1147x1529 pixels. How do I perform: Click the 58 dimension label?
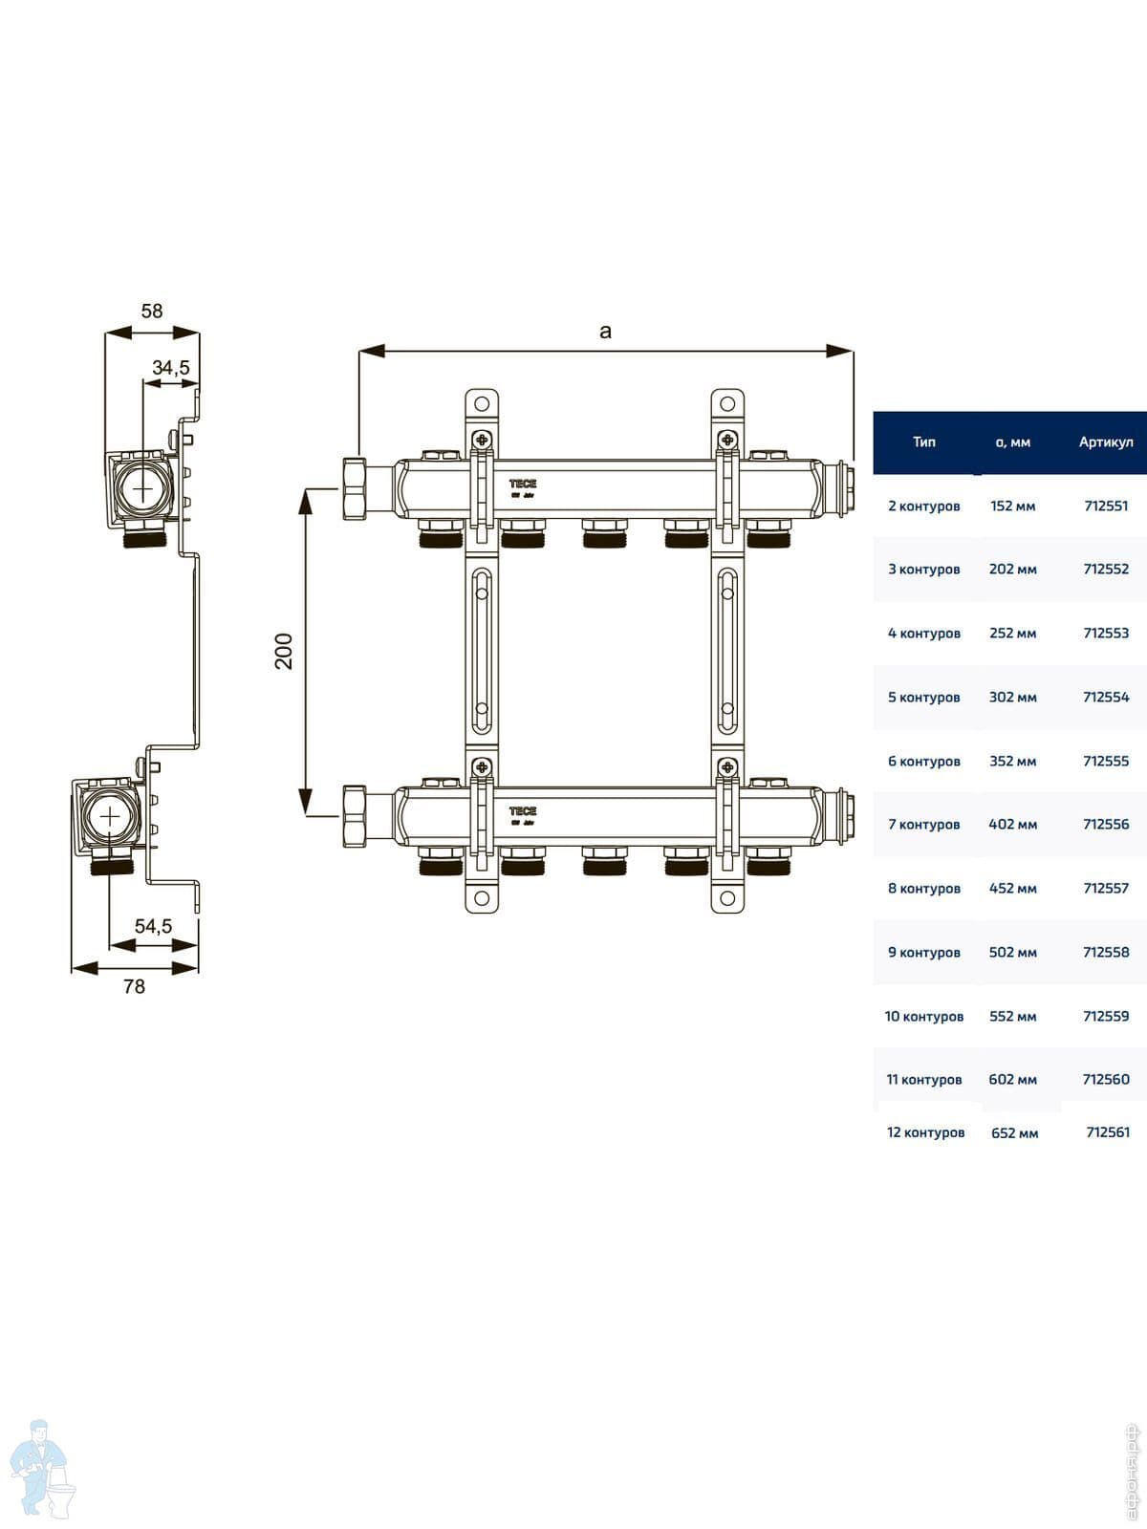tap(152, 312)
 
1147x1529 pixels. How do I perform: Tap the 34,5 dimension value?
tap(171, 368)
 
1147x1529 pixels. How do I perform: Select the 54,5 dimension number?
tap(153, 926)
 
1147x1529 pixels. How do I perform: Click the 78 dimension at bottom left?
tap(134, 986)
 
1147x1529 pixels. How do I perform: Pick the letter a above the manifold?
tap(605, 332)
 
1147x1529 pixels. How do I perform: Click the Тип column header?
tap(924, 442)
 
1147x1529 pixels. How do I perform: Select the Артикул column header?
tap(1106, 442)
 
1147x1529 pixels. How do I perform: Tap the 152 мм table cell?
tap(1013, 506)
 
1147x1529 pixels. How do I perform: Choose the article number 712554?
tap(1106, 697)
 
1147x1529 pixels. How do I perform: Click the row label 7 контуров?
tap(923, 824)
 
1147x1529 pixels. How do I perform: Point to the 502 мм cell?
tap(1013, 952)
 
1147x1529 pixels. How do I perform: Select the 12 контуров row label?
tap(925, 1132)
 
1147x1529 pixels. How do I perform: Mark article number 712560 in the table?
tap(1106, 1079)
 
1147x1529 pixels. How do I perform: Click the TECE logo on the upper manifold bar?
tap(523, 485)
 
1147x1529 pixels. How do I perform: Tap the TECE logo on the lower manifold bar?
tap(523, 811)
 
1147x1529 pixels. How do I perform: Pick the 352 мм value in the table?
tap(1013, 761)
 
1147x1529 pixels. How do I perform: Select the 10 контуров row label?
tap(923, 1016)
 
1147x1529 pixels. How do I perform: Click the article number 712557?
tap(1106, 888)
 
